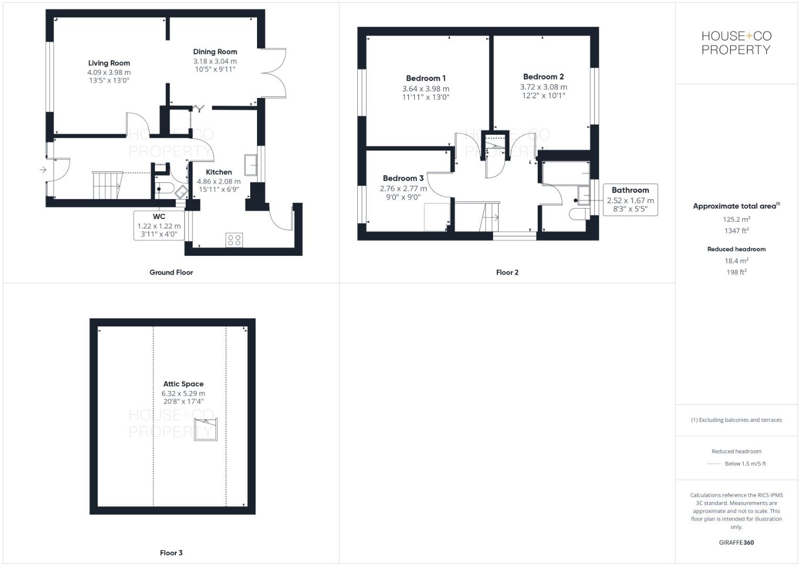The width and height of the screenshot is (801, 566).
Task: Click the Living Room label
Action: pyautogui.click(x=109, y=63)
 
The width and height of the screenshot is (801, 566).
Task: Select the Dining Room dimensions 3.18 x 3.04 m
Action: pyautogui.click(x=215, y=61)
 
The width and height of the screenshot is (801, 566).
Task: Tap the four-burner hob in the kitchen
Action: pyautogui.click(x=234, y=240)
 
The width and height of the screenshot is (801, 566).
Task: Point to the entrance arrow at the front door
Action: pyautogui.click(x=42, y=170)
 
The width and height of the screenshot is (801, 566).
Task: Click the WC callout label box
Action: pyautogui.click(x=159, y=225)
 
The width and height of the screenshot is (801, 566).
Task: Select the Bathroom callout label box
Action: pyautogui.click(x=630, y=200)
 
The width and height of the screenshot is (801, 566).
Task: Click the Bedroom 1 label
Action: pyautogui.click(x=425, y=78)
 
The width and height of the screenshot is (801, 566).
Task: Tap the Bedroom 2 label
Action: pyautogui.click(x=543, y=77)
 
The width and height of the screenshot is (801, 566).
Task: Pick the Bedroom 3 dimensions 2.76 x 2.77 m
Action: pyautogui.click(x=403, y=189)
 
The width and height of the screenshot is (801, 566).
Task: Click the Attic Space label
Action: pyautogui.click(x=183, y=384)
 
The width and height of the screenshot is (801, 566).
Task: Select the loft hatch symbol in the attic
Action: pyautogui.click(x=206, y=429)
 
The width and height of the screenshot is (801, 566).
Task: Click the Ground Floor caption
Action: pyautogui.click(x=171, y=273)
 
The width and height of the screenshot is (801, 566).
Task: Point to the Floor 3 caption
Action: pyautogui.click(x=171, y=553)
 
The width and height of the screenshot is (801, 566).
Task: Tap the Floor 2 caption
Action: pyautogui.click(x=507, y=273)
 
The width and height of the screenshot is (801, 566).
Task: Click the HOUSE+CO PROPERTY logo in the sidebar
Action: pyautogui.click(x=736, y=43)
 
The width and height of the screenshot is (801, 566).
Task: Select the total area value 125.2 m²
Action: pyautogui.click(x=736, y=219)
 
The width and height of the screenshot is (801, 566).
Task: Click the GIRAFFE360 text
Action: pyautogui.click(x=736, y=542)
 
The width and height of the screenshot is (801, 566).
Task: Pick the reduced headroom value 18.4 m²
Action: pyautogui.click(x=736, y=260)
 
